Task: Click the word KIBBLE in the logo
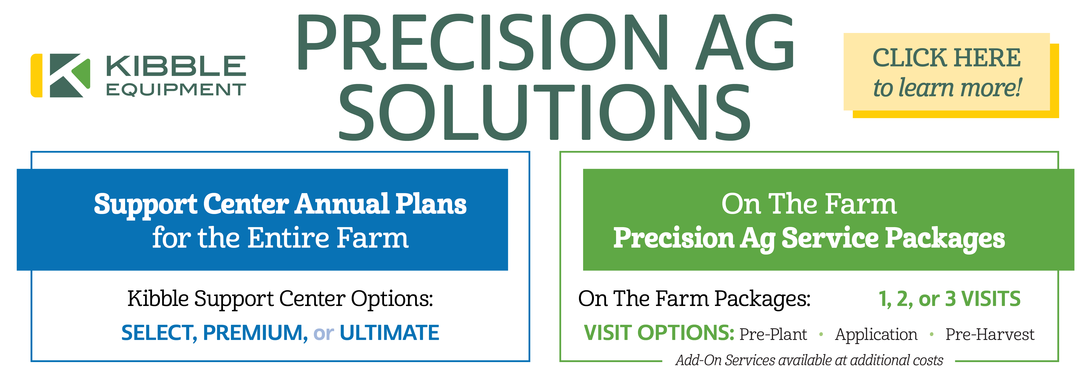[176, 66]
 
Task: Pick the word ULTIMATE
[389, 333]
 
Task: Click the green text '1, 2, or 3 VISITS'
[949, 299]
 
